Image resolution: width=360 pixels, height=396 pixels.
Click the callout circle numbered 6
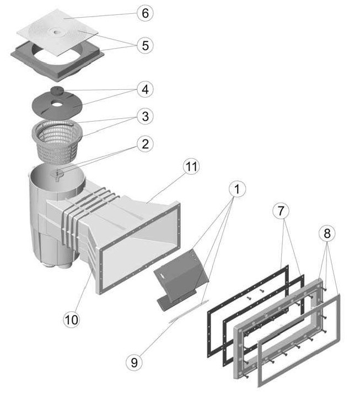(145, 13)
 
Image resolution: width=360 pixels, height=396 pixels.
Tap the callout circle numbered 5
(145, 45)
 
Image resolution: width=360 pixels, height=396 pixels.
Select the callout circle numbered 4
(145, 88)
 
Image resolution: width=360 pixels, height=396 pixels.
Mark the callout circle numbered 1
(236, 191)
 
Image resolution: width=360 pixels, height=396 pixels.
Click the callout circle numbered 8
(326, 233)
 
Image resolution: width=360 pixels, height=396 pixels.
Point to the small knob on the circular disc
(57, 90)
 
